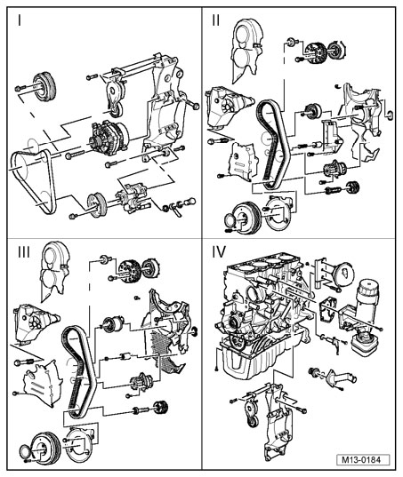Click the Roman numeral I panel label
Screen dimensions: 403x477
20,20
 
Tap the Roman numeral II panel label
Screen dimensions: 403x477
216,20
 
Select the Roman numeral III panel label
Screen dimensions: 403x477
24,252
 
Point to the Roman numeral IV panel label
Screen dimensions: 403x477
219,252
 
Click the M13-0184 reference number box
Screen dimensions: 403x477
363,459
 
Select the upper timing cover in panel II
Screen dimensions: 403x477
246,51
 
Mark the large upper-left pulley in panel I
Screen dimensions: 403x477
44,87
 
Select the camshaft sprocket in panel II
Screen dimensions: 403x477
315,54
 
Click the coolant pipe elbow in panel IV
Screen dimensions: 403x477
337,378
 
